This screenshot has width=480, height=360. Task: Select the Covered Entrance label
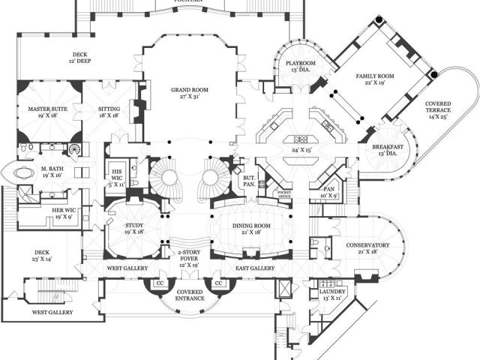190,295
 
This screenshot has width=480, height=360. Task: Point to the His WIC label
116,171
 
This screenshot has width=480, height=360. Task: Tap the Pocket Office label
284,195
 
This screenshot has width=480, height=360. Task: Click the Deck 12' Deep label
80,58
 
